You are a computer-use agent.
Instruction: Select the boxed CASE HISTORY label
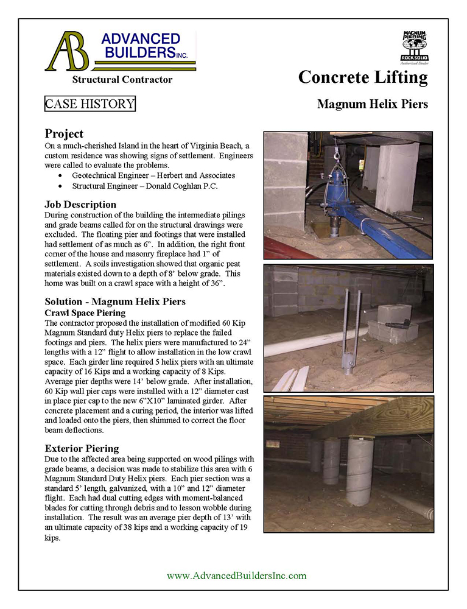(90, 104)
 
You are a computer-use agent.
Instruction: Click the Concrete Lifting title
(363, 78)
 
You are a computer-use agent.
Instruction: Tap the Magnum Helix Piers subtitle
(372, 104)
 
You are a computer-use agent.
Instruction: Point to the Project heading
(64, 134)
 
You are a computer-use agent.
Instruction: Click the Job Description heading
(80, 205)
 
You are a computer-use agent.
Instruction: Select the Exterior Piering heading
(82, 449)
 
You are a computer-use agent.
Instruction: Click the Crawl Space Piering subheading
(85, 312)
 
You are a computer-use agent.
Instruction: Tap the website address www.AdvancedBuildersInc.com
(236, 576)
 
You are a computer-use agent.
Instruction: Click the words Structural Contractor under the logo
(122, 80)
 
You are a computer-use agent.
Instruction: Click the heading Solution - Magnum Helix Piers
(115, 302)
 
